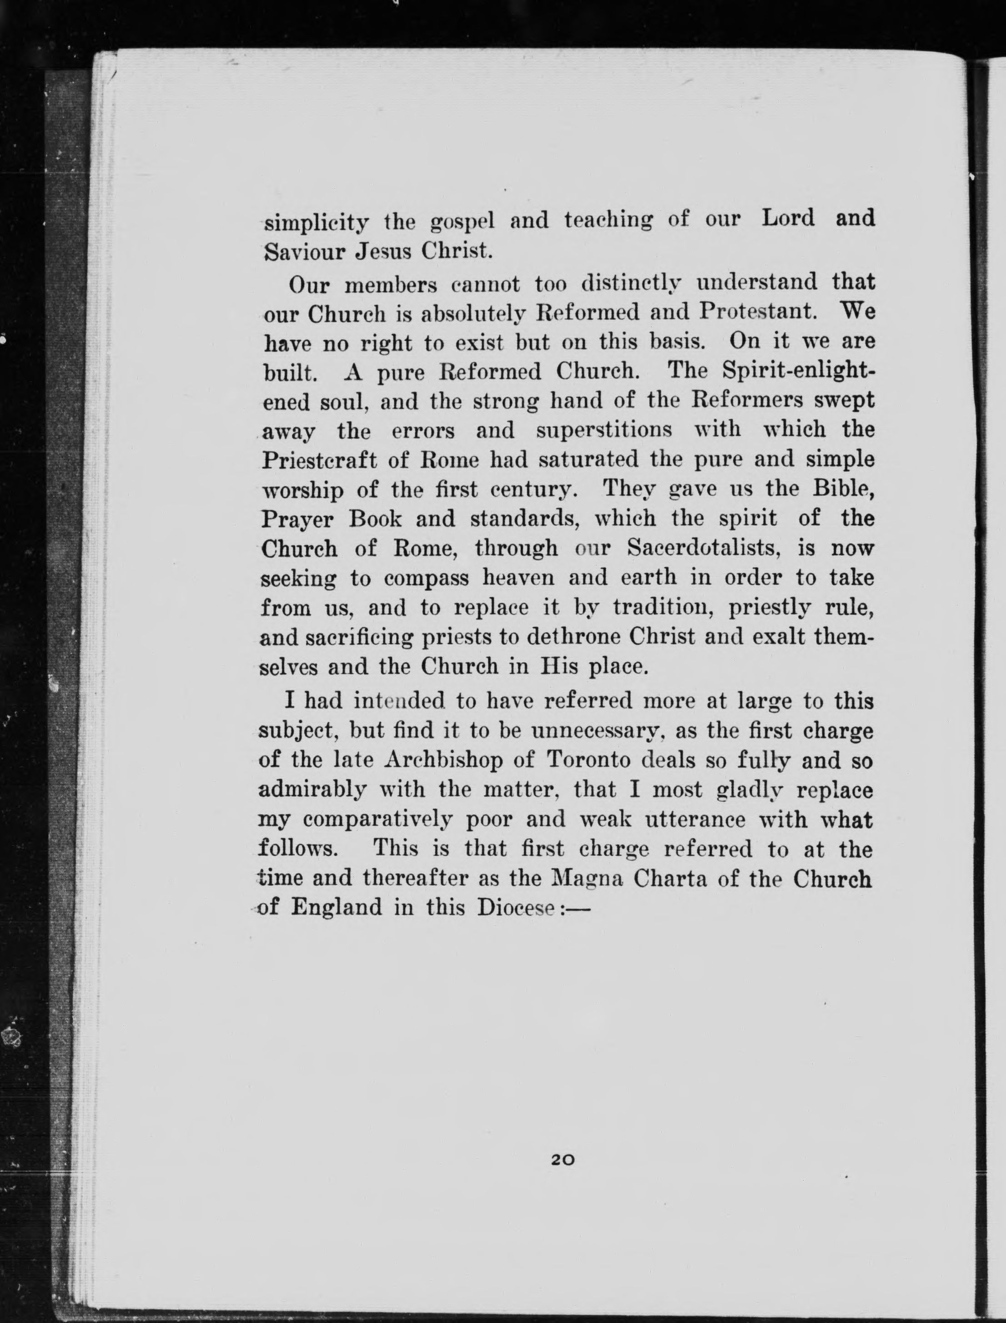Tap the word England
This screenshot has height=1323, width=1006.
pyautogui.click(x=336, y=907)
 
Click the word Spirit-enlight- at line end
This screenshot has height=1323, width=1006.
pyautogui.click(x=798, y=371)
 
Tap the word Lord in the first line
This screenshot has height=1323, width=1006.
pyautogui.click(x=788, y=218)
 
